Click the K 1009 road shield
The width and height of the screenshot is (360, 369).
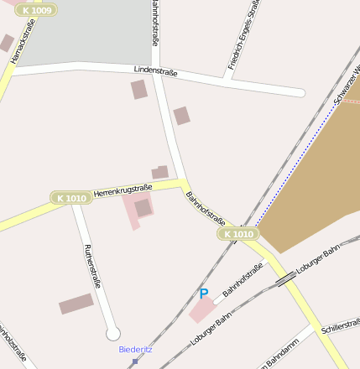(x=36, y=10)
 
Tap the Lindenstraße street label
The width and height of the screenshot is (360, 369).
(x=156, y=73)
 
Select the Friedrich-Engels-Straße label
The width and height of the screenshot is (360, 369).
(x=243, y=35)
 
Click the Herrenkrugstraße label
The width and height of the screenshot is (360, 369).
(x=123, y=190)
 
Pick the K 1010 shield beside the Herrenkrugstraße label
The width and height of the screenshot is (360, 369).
(x=70, y=198)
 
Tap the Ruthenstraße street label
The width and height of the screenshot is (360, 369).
(x=92, y=266)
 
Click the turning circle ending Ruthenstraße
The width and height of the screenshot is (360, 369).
(x=113, y=334)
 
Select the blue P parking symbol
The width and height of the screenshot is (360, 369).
(x=203, y=294)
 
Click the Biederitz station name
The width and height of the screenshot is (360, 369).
(x=135, y=349)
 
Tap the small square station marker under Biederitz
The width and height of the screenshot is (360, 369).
(x=134, y=361)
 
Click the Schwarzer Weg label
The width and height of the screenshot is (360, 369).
(x=346, y=84)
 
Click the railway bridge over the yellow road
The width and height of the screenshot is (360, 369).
(x=286, y=278)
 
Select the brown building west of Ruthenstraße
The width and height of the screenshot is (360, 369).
(x=76, y=304)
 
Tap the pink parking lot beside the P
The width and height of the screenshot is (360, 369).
(x=201, y=311)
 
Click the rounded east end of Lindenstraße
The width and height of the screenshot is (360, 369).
(x=298, y=91)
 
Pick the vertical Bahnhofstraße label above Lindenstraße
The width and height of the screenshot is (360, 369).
(x=155, y=23)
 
